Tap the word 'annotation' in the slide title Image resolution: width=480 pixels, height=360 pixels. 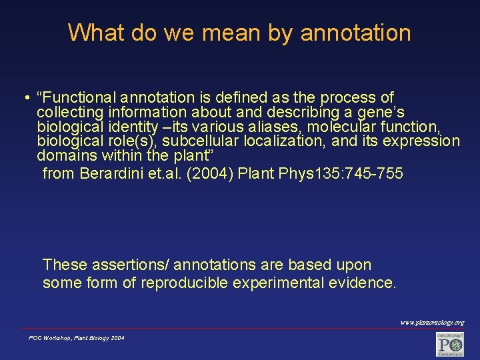(x=356, y=33)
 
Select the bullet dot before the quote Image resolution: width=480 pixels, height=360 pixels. (x=24, y=99)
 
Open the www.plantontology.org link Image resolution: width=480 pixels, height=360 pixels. (x=432, y=323)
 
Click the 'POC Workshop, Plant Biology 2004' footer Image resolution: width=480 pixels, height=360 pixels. (x=76, y=339)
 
